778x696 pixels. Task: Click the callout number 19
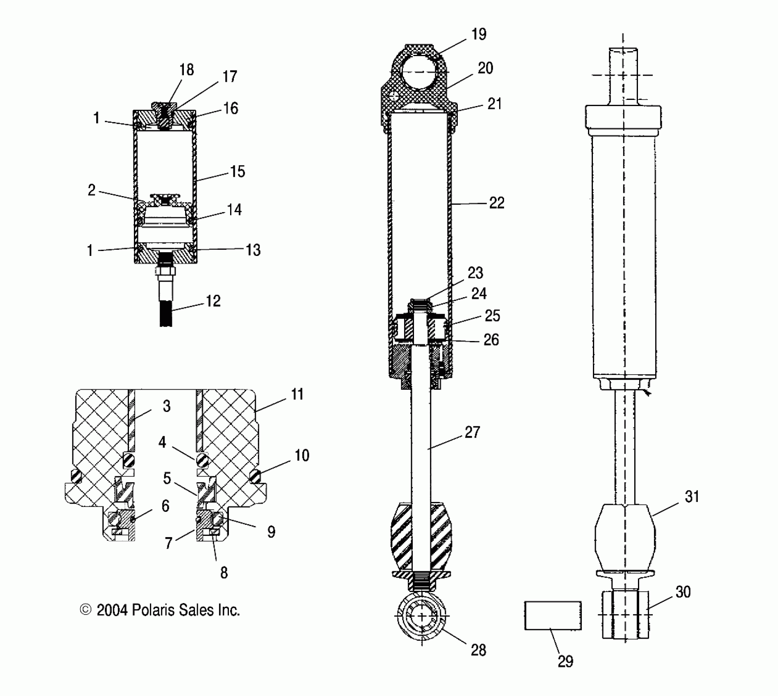pos(478,34)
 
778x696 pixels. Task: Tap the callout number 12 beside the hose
pos(213,301)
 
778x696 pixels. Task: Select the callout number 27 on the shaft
pos(472,432)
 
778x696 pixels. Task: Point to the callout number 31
pos(692,497)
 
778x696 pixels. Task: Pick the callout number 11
pos(297,394)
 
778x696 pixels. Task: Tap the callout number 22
pos(497,203)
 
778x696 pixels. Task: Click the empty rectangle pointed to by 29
pos(553,615)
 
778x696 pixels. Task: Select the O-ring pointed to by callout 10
pos(256,476)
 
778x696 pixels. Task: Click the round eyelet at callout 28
pos(422,616)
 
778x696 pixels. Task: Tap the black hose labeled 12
pos(166,313)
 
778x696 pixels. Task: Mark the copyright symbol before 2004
pos(85,610)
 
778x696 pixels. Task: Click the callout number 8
pos(224,573)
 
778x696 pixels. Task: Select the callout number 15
pos(237,172)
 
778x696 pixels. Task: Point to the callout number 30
pos(683,592)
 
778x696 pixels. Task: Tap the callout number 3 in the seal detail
pos(166,406)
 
